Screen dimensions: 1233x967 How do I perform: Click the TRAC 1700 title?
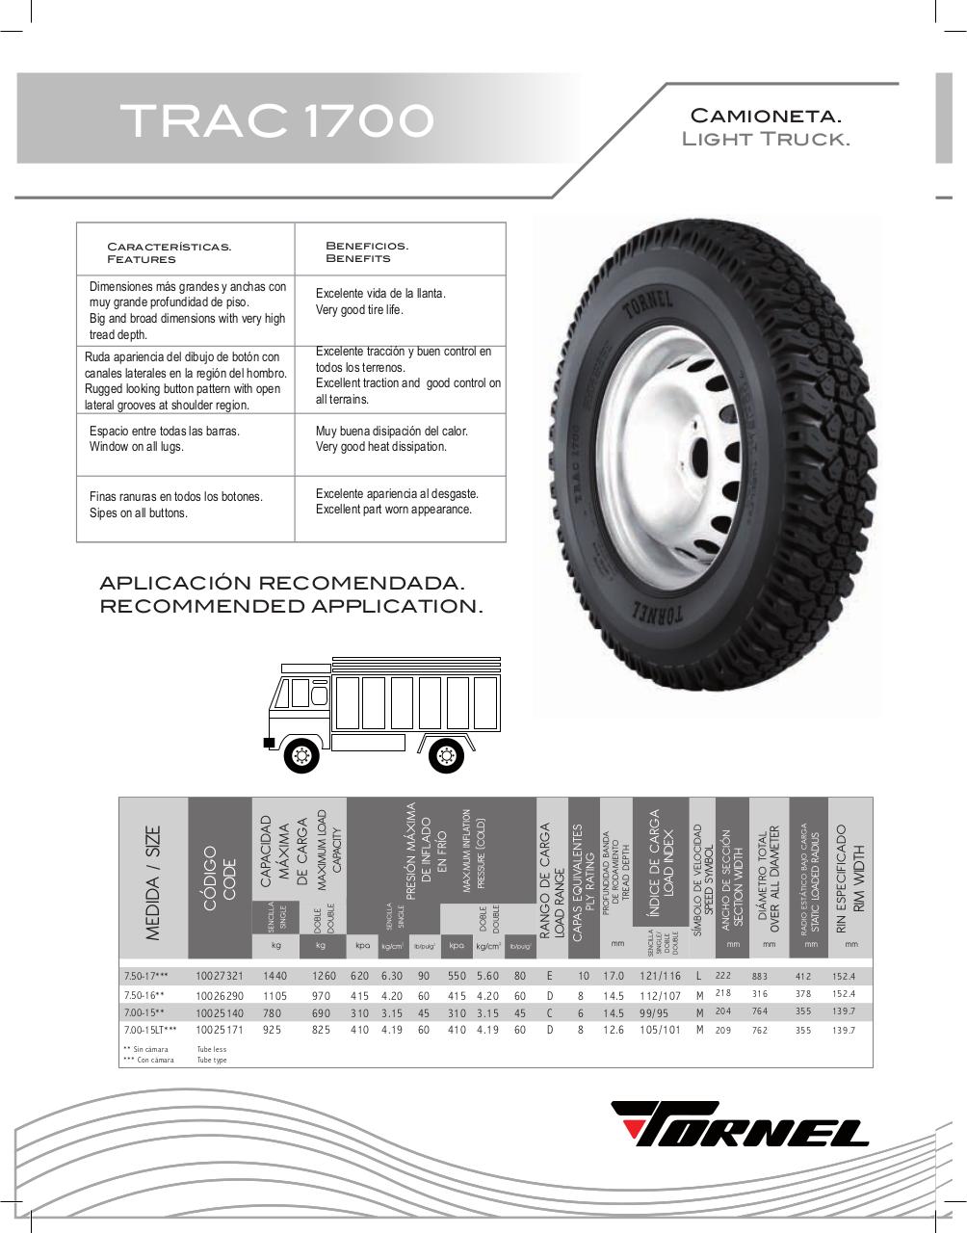click(276, 120)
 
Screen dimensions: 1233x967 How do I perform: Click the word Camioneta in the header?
click(766, 117)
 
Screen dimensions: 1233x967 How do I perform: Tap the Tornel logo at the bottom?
click(740, 1123)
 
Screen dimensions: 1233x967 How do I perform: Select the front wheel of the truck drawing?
click(301, 754)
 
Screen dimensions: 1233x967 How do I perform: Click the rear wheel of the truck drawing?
click(445, 754)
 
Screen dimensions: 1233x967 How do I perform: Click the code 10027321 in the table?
click(220, 977)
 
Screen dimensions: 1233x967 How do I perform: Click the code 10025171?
click(220, 1031)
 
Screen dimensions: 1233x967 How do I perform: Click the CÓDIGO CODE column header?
click(220, 875)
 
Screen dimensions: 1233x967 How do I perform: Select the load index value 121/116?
click(660, 977)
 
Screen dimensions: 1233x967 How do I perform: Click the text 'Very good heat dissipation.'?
click(381, 447)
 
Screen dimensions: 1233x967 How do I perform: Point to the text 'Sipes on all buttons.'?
click(139, 513)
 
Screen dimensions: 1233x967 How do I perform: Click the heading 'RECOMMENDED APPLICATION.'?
click(291, 607)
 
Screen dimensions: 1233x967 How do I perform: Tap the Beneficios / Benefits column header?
click(367, 252)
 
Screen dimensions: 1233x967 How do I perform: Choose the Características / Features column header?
click(169, 252)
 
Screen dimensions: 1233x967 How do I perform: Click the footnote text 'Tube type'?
click(212, 1060)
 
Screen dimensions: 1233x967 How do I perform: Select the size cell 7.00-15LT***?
click(150, 1031)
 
